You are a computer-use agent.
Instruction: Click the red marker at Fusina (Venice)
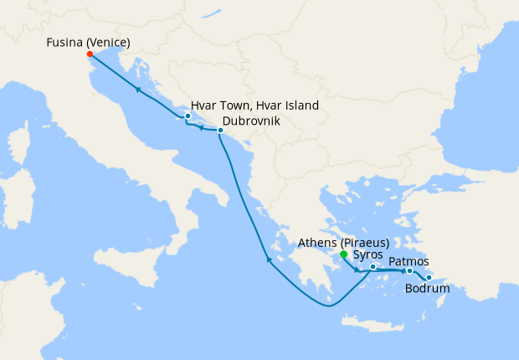90,54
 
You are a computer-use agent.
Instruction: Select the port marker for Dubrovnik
220,131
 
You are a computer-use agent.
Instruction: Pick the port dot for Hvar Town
188,116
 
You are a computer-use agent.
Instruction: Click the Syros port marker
373,267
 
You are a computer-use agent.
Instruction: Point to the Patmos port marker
409,271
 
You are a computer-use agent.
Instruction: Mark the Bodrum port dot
429,278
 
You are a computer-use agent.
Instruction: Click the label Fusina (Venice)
88,41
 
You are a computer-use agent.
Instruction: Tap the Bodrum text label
427,290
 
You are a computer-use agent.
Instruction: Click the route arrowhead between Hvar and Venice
138,90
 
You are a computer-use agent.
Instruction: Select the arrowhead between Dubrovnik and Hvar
202,128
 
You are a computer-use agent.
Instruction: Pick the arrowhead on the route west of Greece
269,260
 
